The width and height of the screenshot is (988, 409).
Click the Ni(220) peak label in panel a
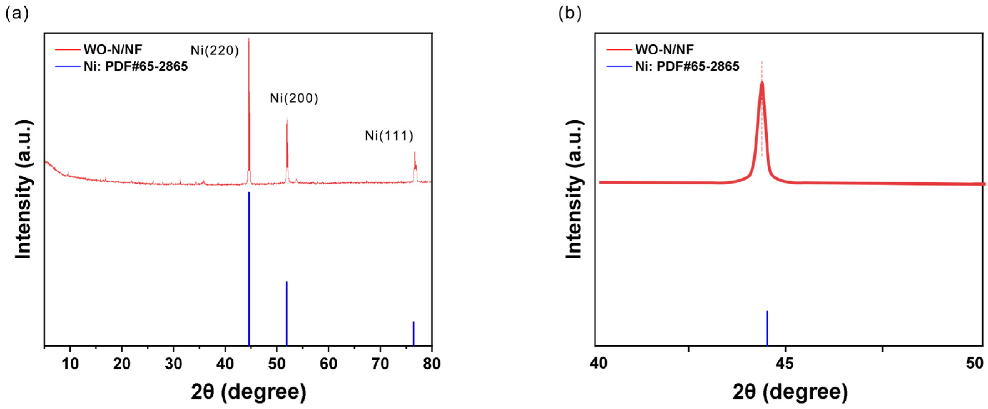click(x=215, y=50)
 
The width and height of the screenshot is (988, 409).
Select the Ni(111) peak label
click(x=389, y=136)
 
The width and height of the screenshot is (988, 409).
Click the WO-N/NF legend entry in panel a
click(x=113, y=49)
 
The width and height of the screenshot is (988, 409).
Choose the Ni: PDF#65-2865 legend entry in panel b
click(x=687, y=67)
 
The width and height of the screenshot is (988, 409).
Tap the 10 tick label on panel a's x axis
click(x=70, y=363)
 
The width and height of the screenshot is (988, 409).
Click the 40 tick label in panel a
click(x=225, y=363)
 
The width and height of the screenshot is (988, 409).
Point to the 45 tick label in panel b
click(x=786, y=363)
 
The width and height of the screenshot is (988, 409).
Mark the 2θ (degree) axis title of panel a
click(x=249, y=392)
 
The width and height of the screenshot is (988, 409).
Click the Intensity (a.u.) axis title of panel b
click(x=574, y=190)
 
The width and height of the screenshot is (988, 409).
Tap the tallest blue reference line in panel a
click(x=249, y=268)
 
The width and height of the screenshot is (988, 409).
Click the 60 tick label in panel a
click(x=328, y=363)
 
